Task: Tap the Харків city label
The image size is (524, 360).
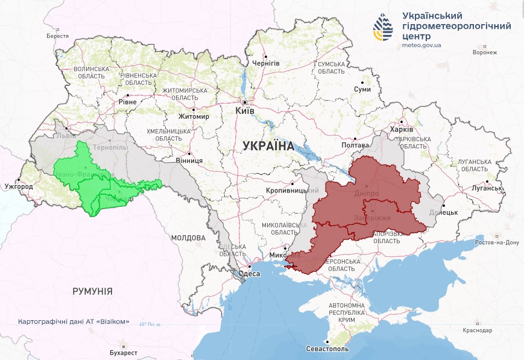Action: pos(402,130)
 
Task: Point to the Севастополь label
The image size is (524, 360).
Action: pos(327,349)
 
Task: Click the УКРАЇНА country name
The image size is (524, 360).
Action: pos(268,145)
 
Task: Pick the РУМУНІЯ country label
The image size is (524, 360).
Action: pos(92,291)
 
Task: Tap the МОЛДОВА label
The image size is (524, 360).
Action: pos(188,238)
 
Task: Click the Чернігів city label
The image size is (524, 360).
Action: pos(266,63)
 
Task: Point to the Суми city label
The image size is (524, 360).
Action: pos(362,89)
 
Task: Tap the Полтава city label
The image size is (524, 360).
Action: pos(355,145)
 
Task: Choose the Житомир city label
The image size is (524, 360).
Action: pos(194,116)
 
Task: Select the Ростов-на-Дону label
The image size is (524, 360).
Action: pos(496,242)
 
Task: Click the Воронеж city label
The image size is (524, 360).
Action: pos(485,52)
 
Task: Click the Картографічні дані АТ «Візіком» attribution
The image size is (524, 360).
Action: pos(74,321)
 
